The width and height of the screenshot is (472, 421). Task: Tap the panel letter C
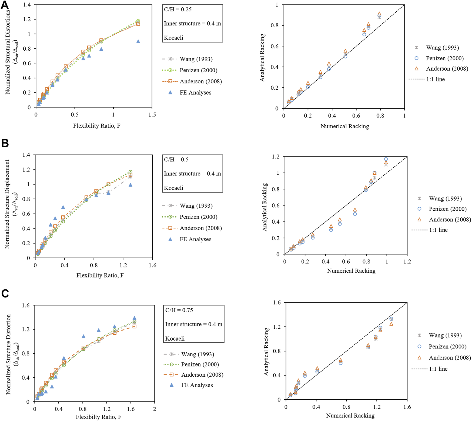point(5,294)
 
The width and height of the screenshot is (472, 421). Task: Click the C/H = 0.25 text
point(178,9)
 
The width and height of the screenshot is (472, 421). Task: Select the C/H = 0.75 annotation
point(179,310)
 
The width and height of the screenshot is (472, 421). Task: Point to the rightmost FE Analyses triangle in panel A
point(138,41)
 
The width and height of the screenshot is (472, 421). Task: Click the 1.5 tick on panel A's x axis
point(152,115)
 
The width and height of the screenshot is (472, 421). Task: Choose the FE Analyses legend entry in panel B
point(195,239)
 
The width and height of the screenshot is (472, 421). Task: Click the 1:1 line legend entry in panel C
point(438,369)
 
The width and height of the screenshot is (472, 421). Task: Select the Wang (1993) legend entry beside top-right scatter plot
point(442,48)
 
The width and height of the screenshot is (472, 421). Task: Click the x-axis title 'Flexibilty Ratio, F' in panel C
point(98,417)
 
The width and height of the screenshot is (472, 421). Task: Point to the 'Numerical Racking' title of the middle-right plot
point(351,271)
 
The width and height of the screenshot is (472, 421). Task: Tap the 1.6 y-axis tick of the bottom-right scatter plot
point(277,303)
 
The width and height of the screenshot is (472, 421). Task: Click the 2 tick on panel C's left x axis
point(154,409)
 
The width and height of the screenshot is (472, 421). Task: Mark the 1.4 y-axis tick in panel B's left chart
point(26,155)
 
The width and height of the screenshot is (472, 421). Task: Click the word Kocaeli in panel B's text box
point(173,188)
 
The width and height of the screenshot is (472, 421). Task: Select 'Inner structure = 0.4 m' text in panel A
point(192,24)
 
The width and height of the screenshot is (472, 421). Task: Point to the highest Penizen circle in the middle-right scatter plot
point(386,159)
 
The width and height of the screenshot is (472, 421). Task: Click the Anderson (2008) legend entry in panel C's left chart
point(202,375)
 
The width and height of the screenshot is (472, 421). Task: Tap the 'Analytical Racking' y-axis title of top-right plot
point(262,57)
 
